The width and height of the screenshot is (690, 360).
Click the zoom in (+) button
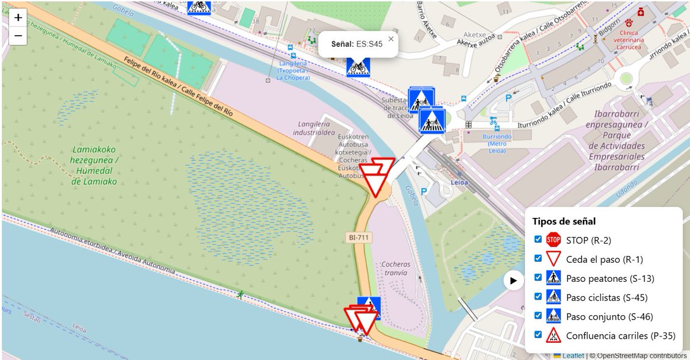point(18,17)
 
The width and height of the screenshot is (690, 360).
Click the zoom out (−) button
point(18,36)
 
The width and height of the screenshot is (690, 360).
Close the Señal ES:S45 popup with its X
point(391,39)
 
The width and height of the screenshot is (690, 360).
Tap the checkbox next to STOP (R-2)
point(538,239)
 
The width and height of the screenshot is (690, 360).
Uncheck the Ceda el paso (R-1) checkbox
point(538,258)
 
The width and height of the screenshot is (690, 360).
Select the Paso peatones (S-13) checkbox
point(538,277)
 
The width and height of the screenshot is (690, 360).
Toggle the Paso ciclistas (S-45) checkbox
point(538,296)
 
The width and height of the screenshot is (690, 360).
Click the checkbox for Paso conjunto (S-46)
point(538,315)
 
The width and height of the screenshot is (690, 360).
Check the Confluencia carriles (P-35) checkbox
point(538,334)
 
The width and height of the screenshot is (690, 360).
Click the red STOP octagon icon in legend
point(553,239)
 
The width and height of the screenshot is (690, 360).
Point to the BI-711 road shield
point(359,237)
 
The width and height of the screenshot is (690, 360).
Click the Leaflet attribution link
point(573,355)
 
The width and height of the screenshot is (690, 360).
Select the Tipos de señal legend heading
point(563,221)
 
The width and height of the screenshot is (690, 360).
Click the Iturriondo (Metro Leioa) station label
point(494,144)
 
